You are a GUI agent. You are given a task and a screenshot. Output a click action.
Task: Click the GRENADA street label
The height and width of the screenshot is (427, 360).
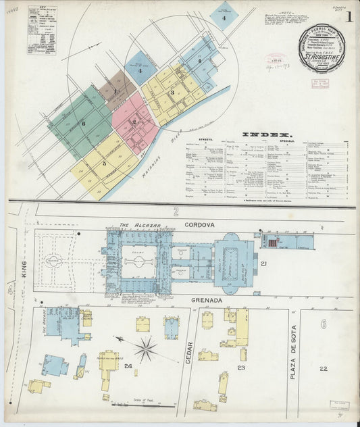tap(203, 299)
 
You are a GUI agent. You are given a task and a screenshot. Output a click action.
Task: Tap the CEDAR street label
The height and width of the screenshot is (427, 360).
tap(189, 352)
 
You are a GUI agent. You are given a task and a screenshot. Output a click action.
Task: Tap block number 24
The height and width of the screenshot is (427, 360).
tap(128, 368)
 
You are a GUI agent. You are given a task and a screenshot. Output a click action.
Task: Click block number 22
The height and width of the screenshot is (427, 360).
tap(324, 368)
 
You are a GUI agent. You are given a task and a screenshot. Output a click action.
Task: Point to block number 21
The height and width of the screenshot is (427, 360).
tap(264, 263)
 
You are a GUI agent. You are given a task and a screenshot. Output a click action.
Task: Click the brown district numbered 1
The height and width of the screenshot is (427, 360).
tap(116, 91)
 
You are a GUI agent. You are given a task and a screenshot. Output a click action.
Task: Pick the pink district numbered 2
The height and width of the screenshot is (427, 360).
tap(134, 122)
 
